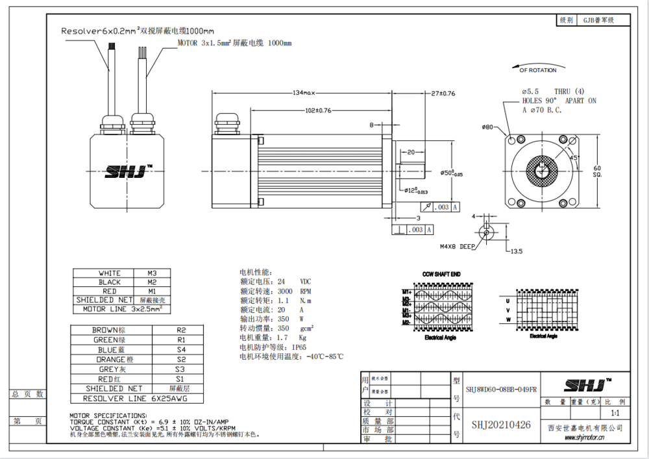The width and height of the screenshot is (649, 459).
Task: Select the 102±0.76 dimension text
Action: click(x=318, y=110)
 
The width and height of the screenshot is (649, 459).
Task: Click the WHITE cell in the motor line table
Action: click(x=109, y=273)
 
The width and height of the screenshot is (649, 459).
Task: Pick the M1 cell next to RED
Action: click(x=152, y=292)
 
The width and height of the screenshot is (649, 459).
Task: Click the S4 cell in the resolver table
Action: click(x=181, y=349)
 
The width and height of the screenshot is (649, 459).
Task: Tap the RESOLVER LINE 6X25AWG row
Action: click(x=134, y=398)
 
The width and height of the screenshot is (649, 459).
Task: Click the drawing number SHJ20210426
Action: click(x=500, y=425)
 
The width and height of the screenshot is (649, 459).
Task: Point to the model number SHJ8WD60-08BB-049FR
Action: click(x=501, y=389)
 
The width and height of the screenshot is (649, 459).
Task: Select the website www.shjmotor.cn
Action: click(x=585, y=439)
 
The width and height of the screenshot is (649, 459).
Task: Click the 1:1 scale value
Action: click(x=615, y=413)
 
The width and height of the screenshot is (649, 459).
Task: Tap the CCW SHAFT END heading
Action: click(x=441, y=275)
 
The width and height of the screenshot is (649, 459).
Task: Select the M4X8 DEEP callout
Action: click(x=458, y=247)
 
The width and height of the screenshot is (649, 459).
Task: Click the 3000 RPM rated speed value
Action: click(x=295, y=292)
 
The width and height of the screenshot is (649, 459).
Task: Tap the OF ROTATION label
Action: click(x=538, y=70)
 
